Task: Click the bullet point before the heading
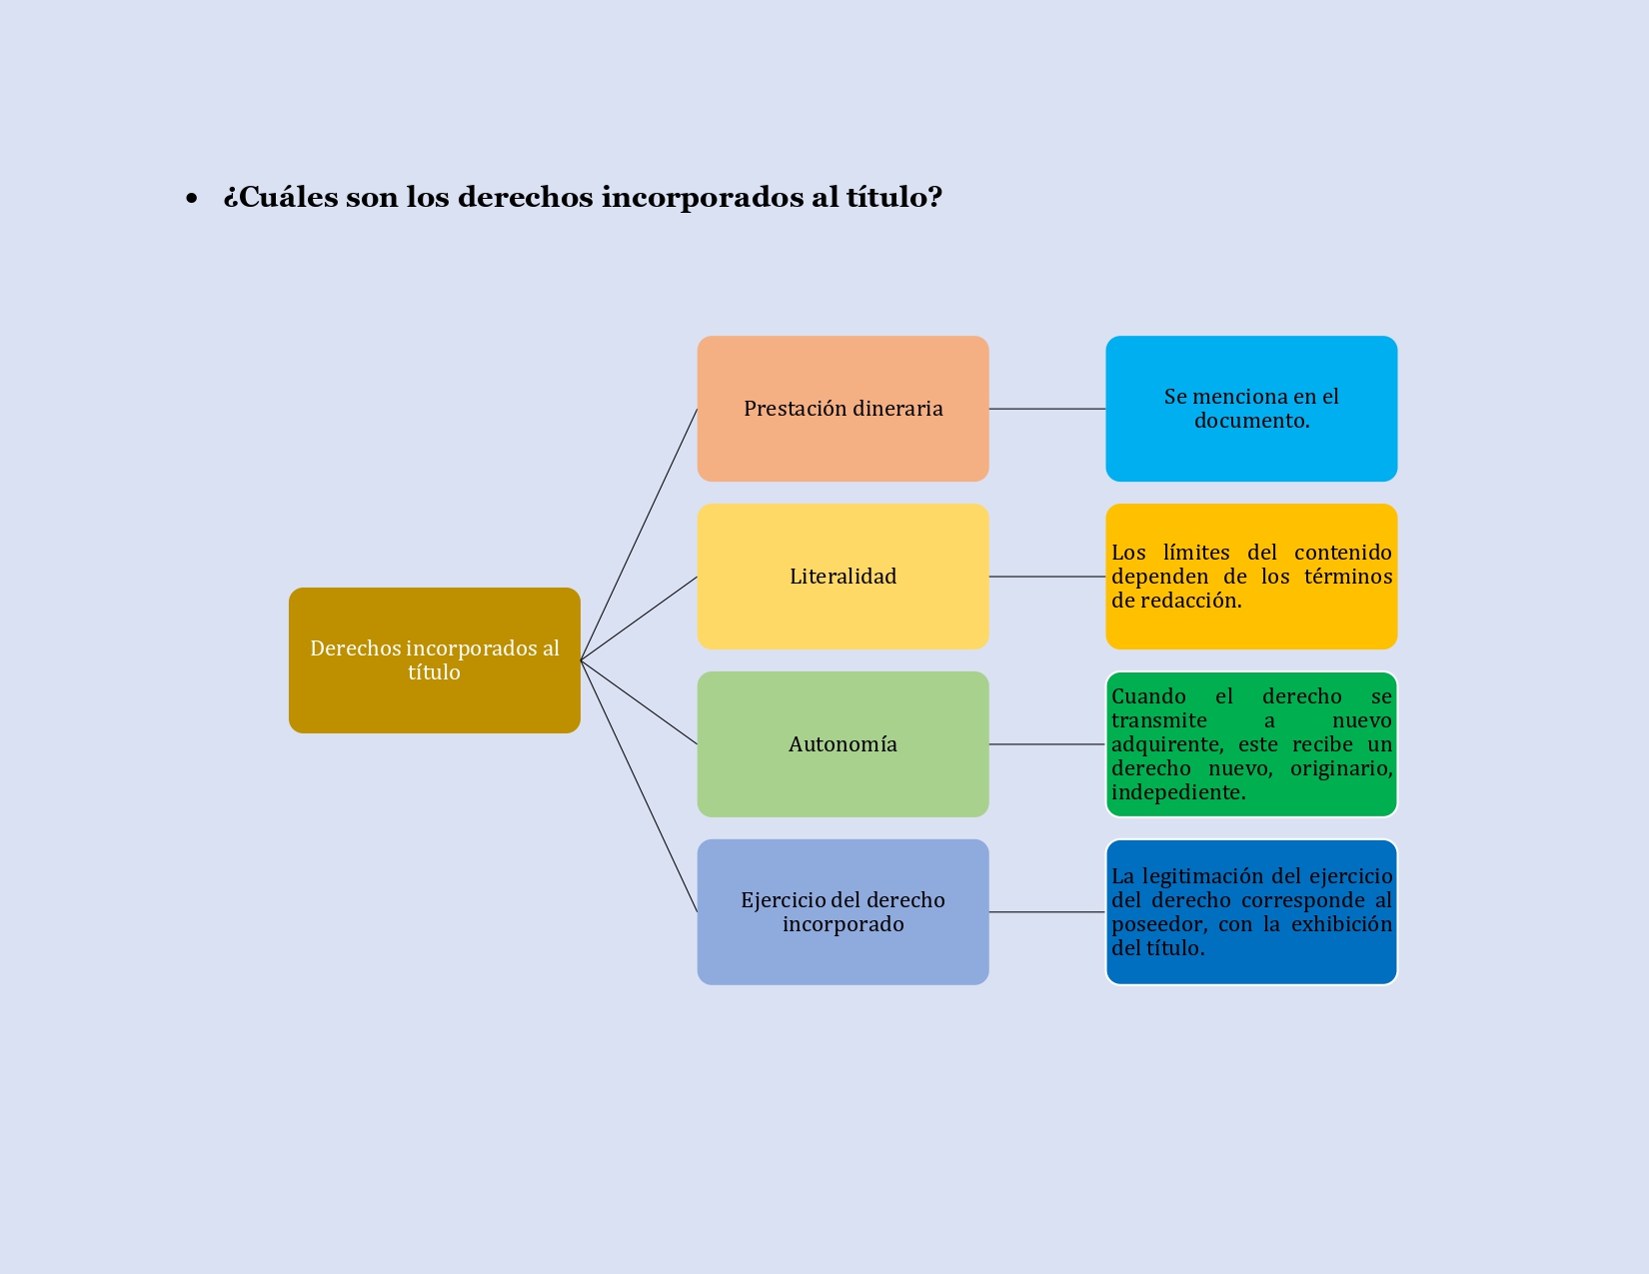point(192,199)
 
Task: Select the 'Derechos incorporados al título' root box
point(434,660)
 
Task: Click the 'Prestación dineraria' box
point(842,409)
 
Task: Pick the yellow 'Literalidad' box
point(842,577)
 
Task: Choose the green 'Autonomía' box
point(842,744)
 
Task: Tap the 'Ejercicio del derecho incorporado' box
point(842,912)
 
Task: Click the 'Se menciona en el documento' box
point(1251,409)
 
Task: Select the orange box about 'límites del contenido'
point(1251,577)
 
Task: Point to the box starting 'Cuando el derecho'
point(1251,744)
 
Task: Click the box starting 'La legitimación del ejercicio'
point(1251,912)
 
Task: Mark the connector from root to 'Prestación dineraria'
point(639,535)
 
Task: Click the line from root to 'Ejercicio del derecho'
point(639,786)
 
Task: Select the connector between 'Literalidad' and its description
point(1046,577)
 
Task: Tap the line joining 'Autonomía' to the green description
point(1046,744)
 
